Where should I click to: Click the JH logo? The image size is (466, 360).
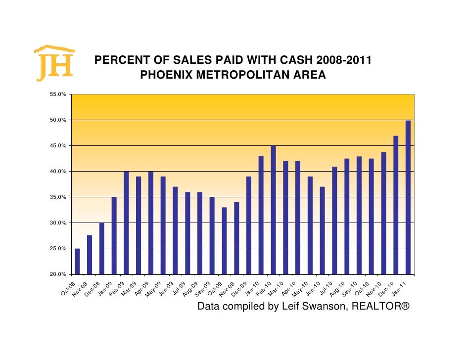coord(54,64)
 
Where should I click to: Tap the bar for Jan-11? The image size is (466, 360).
coord(408,197)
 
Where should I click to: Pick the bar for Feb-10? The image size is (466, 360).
coord(274,210)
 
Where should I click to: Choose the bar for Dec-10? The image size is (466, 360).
coord(396,205)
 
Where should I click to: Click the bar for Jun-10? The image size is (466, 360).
coord(323,230)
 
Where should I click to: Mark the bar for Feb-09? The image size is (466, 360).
coord(126,223)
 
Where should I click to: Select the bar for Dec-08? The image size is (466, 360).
coord(102,248)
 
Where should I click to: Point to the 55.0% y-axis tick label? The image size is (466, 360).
coord(58,94)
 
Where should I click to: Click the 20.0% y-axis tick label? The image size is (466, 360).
coord(58,274)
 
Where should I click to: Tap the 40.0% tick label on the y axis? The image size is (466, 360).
coord(58,172)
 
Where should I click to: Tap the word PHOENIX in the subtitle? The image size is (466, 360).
coord(167,76)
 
